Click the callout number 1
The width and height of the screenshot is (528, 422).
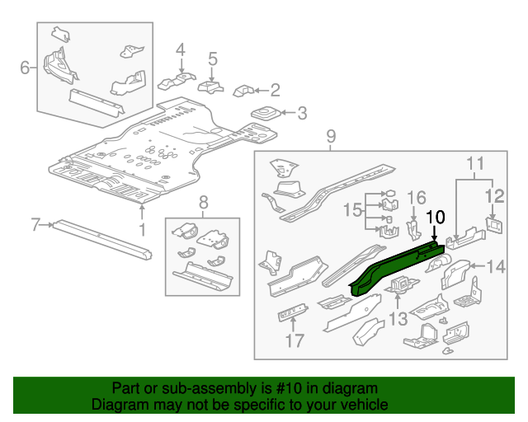(x=141, y=229)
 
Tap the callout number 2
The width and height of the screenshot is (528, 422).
(x=275, y=90)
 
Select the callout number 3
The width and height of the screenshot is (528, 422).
(x=301, y=114)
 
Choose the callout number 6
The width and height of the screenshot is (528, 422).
(x=26, y=67)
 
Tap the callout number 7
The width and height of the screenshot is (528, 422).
(x=35, y=224)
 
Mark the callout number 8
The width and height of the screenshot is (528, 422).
(x=203, y=200)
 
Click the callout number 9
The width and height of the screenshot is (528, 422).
(x=332, y=136)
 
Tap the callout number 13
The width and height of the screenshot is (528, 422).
(x=398, y=319)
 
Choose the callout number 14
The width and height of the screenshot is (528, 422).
(x=496, y=265)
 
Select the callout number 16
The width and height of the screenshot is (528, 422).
(x=417, y=197)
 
